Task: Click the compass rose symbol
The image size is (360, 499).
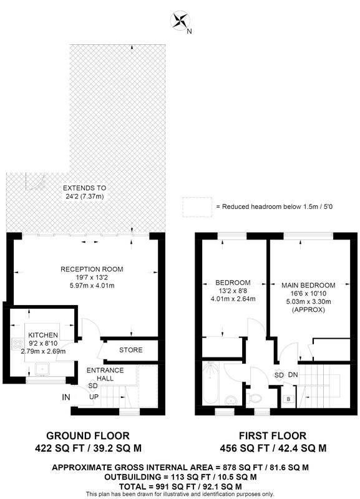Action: (180, 21)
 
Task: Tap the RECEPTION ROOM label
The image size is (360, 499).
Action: (92, 269)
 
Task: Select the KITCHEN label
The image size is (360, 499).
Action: (43, 335)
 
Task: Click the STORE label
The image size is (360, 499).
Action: (131, 350)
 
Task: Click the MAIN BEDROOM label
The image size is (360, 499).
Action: (308, 285)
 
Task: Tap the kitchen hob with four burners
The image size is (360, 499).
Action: (17, 344)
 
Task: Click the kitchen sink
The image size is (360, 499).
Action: (42, 369)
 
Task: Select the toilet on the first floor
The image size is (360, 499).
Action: (255, 397)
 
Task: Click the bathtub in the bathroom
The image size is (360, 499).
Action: (210, 384)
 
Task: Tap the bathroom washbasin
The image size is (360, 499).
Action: (230, 400)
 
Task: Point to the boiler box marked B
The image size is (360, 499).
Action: (289, 399)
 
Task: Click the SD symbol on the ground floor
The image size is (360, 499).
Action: (93, 386)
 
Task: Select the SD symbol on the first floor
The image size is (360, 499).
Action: (279, 375)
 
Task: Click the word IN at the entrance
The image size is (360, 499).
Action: (66, 397)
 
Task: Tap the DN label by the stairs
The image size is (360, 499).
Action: (293, 375)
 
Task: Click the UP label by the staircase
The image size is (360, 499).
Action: (94, 397)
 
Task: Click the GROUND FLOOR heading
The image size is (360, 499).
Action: (88, 435)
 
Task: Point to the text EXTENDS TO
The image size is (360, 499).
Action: (85, 188)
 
